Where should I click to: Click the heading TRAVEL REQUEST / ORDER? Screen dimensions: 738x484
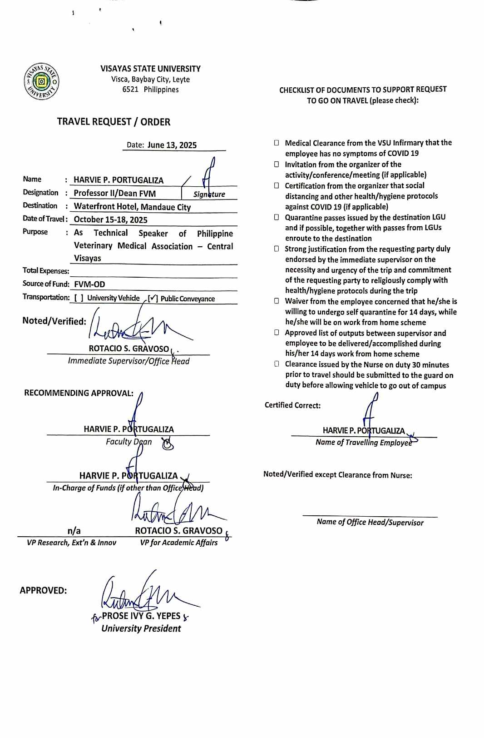(x=114, y=122)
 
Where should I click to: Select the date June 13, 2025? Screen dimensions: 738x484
(x=172, y=145)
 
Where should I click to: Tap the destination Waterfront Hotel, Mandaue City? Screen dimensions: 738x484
(x=132, y=207)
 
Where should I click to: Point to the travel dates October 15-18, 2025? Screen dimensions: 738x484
(x=110, y=220)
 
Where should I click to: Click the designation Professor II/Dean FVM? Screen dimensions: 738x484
(x=114, y=194)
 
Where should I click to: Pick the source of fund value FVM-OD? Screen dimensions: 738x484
(x=89, y=284)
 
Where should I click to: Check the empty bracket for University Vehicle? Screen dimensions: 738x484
(x=79, y=298)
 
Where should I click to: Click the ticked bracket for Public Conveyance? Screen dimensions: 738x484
(x=153, y=299)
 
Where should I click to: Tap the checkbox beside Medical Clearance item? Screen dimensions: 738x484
(x=277, y=143)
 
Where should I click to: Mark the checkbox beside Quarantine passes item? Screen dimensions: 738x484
(x=277, y=217)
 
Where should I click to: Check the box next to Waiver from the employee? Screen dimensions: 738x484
(x=277, y=301)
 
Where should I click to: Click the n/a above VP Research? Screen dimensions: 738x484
(x=74, y=531)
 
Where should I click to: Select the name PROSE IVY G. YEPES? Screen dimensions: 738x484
(x=141, y=616)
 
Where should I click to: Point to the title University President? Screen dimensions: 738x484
(x=141, y=628)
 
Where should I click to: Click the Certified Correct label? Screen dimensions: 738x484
(x=292, y=405)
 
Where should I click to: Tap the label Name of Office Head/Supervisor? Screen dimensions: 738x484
(x=370, y=522)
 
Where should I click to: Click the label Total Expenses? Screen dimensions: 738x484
(x=46, y=271)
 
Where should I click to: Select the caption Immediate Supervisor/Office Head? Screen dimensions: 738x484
(x=128, y=361)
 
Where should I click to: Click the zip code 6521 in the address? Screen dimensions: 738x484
(x=130, y=90)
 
